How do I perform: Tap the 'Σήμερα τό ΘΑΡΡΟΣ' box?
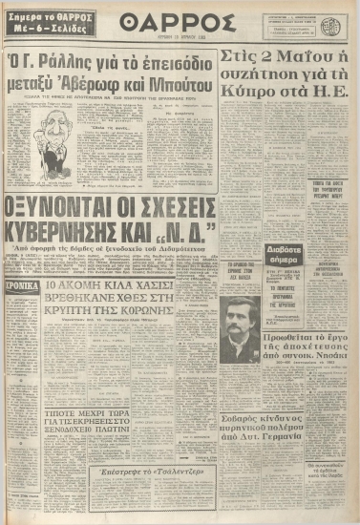pos(46,26)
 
